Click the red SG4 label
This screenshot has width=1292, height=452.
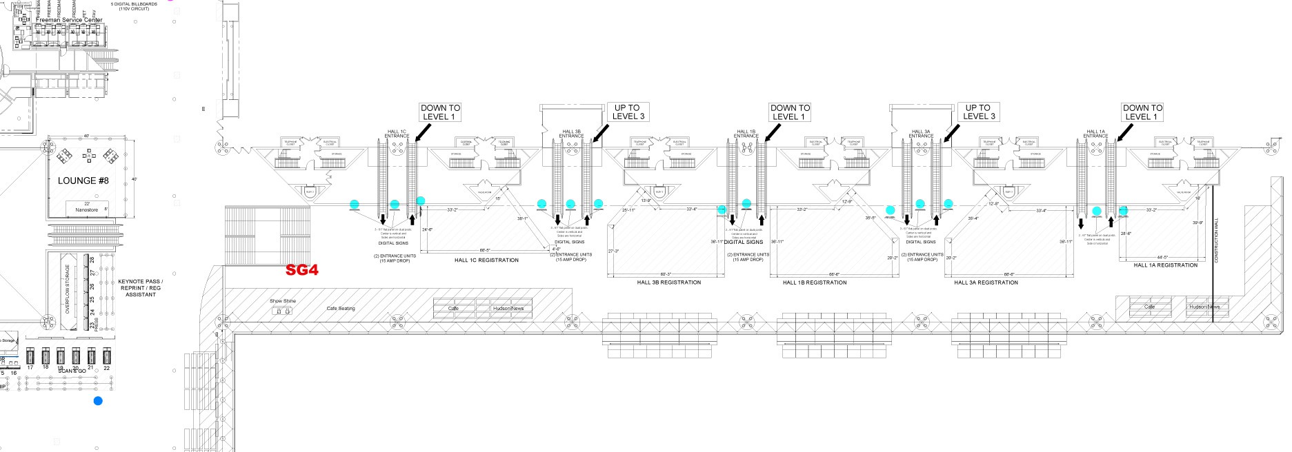tap(302, 270)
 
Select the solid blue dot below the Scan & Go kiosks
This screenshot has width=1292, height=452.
tap(98, 400)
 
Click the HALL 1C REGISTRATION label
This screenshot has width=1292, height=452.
tap(486, 260)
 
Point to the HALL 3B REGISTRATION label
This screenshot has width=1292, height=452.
tap(668, 282)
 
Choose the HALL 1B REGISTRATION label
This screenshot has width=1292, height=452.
tap(815, 282)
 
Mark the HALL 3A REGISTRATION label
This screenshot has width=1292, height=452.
tap(986, 282)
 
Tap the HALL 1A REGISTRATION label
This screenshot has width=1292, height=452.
tap(1166, 265)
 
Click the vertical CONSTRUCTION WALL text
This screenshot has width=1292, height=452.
tap(1216, 240)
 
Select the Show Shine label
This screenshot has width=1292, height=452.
tap(283, 301)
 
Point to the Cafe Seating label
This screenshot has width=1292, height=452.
tap(341, 308)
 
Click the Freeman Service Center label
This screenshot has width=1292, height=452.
tap(69, 20)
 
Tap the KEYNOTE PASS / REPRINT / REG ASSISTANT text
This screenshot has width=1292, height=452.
tap(141, 288)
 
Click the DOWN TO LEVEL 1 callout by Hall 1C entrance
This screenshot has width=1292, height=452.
tap(440, 112)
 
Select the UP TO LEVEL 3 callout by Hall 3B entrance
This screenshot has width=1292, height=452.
tap(628, 112)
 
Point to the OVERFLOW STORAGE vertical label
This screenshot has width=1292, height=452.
tap(68, 289)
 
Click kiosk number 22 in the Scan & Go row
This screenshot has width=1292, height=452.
tap(106, 358)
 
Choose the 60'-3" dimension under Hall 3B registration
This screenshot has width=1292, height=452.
tap(665, 274)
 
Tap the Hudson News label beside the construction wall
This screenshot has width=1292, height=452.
tap(1204, 306)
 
